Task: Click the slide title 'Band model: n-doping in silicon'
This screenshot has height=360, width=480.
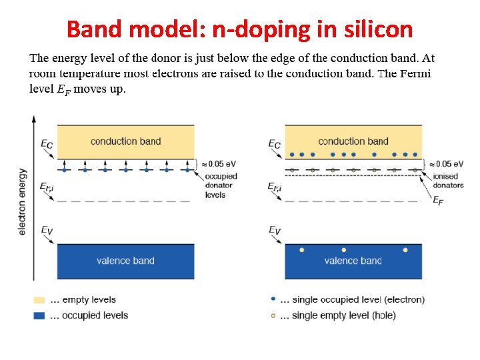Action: [240, 29]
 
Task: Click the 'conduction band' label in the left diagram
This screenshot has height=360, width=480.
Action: [125, 141]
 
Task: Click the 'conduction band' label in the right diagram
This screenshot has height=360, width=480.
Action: [353, 141]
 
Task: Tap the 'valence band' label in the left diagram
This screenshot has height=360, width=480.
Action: [125, 261]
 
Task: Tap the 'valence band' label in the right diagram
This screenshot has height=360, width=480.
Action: [353, 261]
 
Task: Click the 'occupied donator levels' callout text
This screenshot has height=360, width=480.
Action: [221, 185]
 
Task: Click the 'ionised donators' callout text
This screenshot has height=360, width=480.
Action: [446, 181]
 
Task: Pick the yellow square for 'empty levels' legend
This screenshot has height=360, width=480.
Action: [39, 300]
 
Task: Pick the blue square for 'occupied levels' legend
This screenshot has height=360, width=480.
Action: [39, 315]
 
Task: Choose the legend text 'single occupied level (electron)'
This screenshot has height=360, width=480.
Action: [358, 300]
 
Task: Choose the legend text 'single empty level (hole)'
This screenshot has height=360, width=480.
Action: [343, 315]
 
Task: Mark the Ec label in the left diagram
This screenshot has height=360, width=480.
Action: [46, 143]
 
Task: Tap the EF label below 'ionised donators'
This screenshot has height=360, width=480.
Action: [438, 201]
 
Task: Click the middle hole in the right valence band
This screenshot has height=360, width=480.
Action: [344, 250]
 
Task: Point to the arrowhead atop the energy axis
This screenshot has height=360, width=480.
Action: [34, 119]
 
